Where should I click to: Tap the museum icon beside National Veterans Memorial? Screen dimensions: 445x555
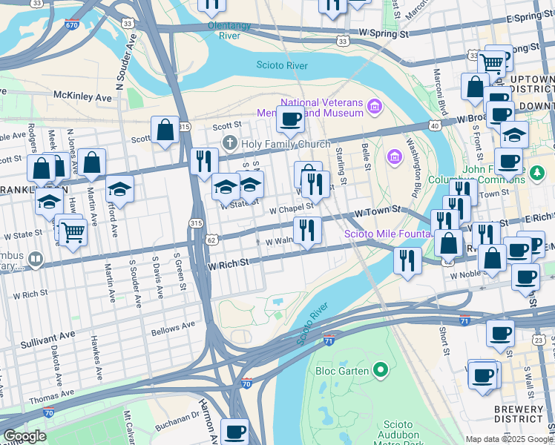pos(374,108)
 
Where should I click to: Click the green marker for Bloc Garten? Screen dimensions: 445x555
pos(381,369)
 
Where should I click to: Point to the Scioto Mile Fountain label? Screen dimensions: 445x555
pos(387,234)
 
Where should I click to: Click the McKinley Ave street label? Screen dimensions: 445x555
pos(82,96)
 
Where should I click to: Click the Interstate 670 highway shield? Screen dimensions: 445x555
pos(71,24)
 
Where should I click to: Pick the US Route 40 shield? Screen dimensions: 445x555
pos(435,126)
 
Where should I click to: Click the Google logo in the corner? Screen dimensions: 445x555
pos(24,436)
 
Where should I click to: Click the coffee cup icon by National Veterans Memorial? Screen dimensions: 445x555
pos(290,118)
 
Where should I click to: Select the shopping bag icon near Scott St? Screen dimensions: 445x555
pos(165,131)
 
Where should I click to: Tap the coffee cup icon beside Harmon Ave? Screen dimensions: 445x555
pos(235,431)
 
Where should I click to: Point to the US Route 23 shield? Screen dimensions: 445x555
pos(539,339)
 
